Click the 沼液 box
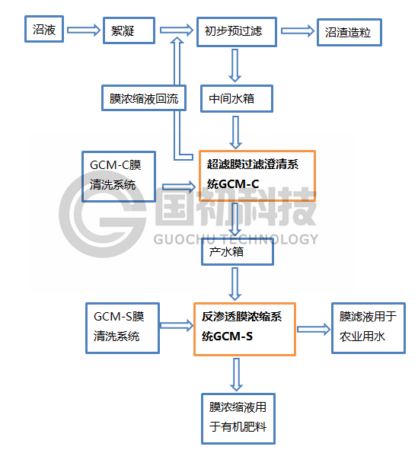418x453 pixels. [44, 29]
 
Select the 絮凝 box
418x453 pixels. [129, 30]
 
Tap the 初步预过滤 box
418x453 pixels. [237, 32]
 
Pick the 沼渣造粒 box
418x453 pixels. [349, 32]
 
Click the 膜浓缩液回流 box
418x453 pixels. [144, 97]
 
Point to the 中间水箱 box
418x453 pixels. [237, 98]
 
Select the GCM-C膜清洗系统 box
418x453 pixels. [119, 176]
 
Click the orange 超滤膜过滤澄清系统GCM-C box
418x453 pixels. [257, 176]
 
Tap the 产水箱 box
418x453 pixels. [238, 252]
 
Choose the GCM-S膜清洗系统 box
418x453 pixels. [123, 328]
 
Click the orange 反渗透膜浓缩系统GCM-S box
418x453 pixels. [244, 329]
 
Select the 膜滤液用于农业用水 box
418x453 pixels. [369, 328]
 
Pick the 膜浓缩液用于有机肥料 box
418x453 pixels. [238, 418]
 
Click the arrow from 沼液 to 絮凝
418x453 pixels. [84, 30]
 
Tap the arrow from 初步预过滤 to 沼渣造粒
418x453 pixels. [298, 31]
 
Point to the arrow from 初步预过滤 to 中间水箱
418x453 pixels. [235, 65]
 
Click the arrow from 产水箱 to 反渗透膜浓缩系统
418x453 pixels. [235, 284]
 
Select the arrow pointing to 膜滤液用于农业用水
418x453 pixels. [314, 330]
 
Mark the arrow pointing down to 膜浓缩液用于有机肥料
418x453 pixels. [237, 375]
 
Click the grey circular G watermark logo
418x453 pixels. [102, 215]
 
